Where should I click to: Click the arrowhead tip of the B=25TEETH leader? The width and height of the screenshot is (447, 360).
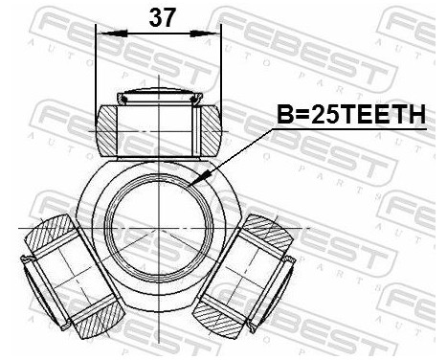[194, 180]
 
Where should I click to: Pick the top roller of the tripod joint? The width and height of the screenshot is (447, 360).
[159, 124]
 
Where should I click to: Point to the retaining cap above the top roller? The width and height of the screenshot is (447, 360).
[159, 96]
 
